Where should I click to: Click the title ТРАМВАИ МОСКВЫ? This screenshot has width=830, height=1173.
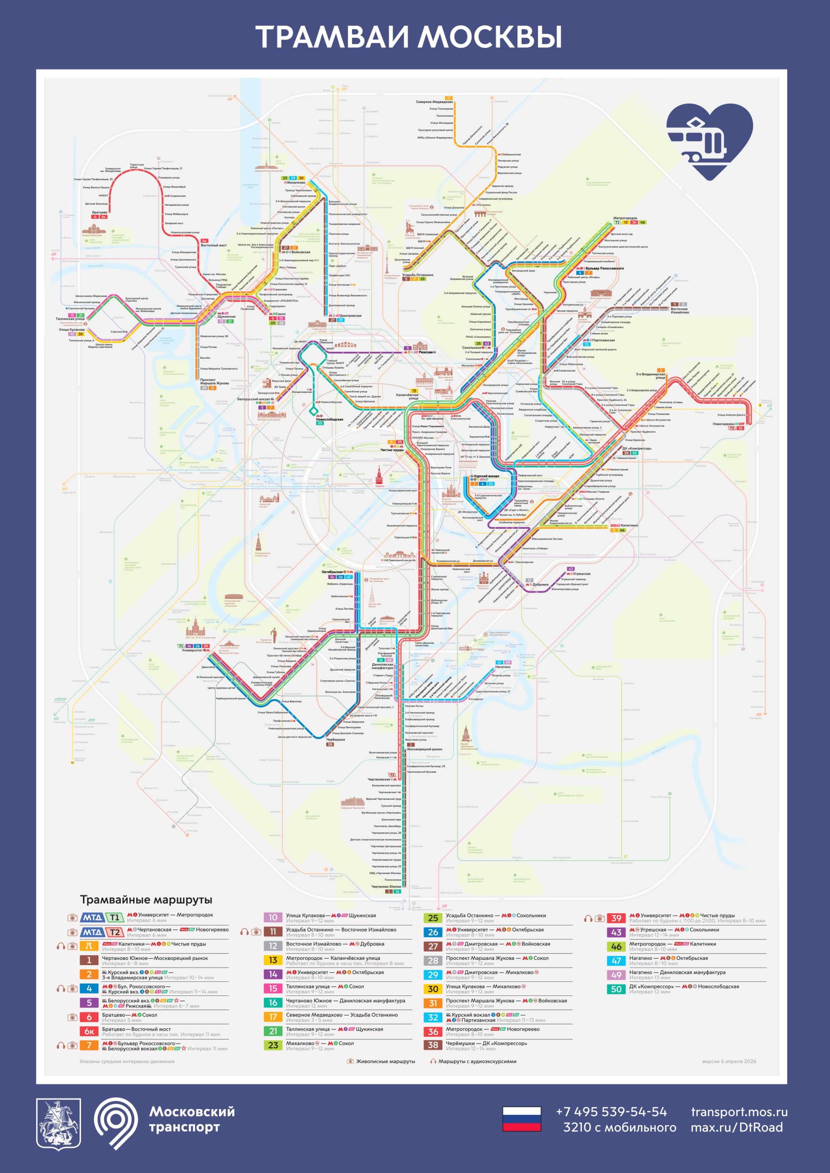point(409,37)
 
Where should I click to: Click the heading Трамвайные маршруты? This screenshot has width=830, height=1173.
point(146,900)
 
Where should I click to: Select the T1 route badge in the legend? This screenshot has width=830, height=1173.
point(115,917)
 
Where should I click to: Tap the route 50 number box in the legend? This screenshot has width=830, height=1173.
point(616,989)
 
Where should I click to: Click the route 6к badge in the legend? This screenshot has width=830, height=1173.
point(89,1032)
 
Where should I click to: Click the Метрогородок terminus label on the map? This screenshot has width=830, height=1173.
point(625,218)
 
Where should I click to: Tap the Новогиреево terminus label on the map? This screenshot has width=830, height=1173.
point(723,423)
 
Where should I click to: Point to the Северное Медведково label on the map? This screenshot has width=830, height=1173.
point(434,102)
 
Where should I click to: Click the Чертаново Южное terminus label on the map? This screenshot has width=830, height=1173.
point(386,886)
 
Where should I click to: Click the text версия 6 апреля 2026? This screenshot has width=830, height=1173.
point(729,1061)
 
